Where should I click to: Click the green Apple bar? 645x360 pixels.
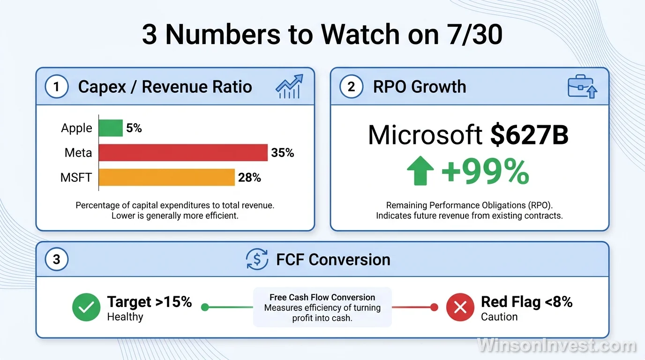click(x=111, y=128)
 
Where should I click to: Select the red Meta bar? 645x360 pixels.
click(x=183, y=153)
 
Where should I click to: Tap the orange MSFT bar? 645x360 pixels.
click(x=167, y=177)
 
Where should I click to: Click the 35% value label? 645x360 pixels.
click(x=283, y=153)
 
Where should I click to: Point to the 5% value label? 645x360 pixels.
click(x=134, y=128)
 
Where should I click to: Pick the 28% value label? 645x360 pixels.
click(x=249, y=178)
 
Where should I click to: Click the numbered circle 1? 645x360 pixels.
click(x=57, y=86)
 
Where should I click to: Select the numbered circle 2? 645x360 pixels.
click(x=351, y=86)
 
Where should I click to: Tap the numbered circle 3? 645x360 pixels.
click(x=57, y=259)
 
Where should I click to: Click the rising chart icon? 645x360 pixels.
click(x=289, y=86)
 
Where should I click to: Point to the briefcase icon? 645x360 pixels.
click(x=582, y=86)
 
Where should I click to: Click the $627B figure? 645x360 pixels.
click(x=529, y=135)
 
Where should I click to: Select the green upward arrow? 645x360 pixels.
click(x=420, y=171)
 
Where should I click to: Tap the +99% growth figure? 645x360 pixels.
click(x=486, y=172)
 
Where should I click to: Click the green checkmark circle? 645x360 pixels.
click(x=86, y=307)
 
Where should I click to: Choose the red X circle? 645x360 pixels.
click(x=460, y=307)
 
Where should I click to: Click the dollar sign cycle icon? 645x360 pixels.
click(x=257, y=259)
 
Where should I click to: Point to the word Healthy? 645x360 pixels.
click(x=125, y=317)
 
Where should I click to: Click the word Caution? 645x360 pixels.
click(x=499, y=317)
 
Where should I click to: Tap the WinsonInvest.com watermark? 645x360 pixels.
click(x=556, y=345)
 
